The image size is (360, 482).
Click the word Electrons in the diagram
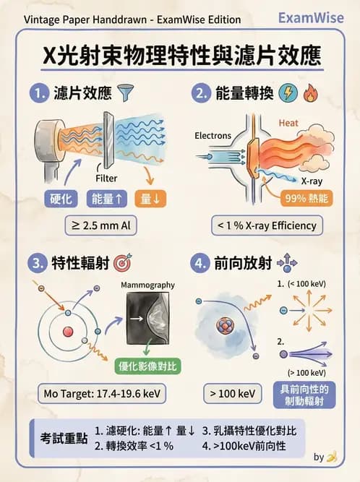click(213, 135)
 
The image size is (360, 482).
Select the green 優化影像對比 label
click(148, 366)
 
